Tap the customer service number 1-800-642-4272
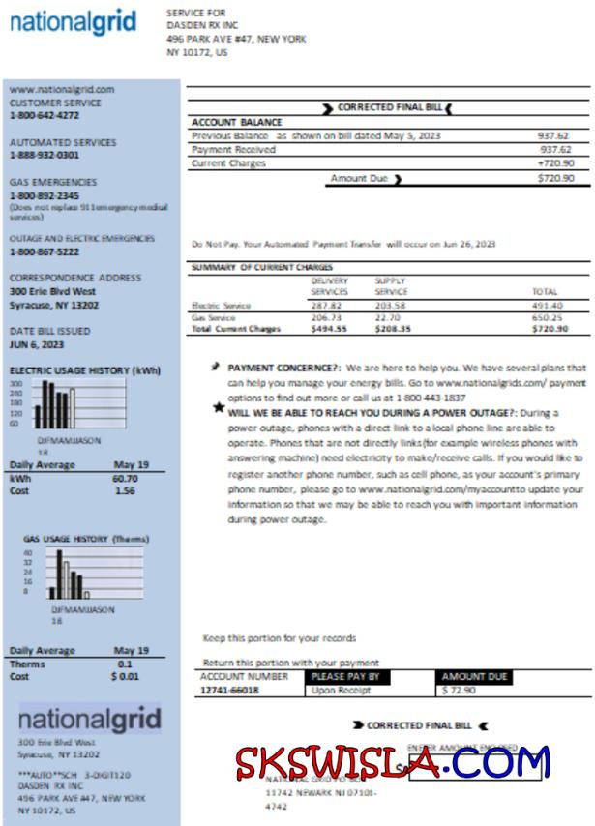pyautogui.click(x=45, y=115)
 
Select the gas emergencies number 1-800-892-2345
pyautogui.click(x=45, y=195)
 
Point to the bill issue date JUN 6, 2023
pyautogui.click(x=37, y=344)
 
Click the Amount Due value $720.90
pyautogui.click(x=555, y=179)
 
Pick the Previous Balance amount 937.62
pyautogui.click(x=553, y=136)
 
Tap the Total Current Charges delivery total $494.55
pyautogui.click(x=329, y=329)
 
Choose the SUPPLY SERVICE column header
pyautogui.click(x=391, y=286)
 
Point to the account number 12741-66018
pyautogui.click(x=229, y=692)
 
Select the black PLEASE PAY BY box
pyautogui.click(x=345, y=677)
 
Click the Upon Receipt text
pyautogui.click(x=336, y=692)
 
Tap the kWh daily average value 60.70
pyautogui.click(x=125, y=478)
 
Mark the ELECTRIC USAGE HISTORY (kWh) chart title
pyautogui.click(x=85, y=370)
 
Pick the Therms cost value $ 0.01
pyautogui.click(x=126, y=677)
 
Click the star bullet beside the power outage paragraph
pyautogui.click(x=219, y=407)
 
